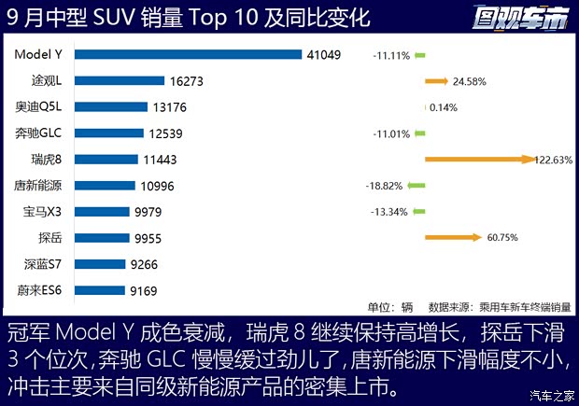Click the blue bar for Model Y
187,54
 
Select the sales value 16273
184,81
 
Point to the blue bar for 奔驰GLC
108,133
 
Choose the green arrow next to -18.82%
416,186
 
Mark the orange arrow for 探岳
452,238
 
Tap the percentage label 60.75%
501,238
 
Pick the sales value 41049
324,55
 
